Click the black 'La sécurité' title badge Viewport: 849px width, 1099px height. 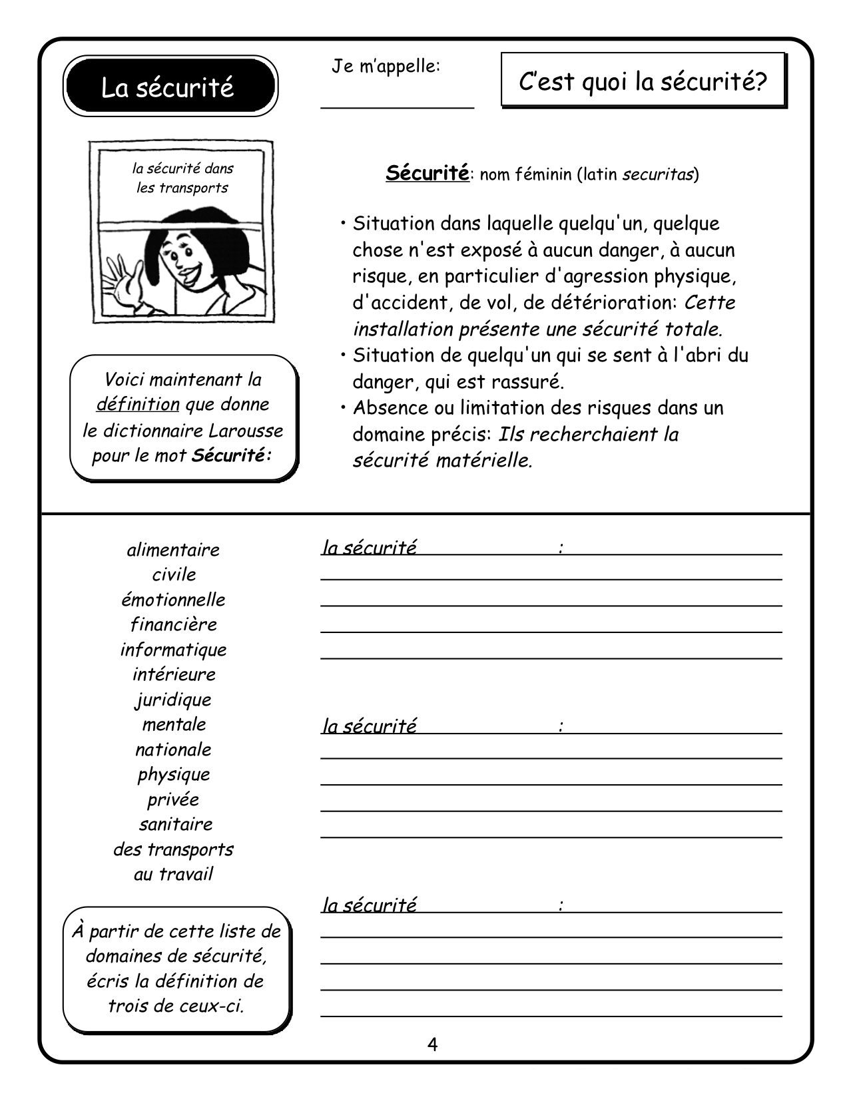tap(170, 87)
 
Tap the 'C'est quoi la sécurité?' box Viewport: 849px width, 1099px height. tap(643, 81)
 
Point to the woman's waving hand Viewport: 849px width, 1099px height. tap(123, 279)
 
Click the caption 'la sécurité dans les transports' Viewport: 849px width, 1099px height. tap(182, 178)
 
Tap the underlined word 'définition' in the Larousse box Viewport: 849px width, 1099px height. tap(138, 405)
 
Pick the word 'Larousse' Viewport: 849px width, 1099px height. tap(246, 431)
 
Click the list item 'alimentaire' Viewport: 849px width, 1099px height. tap(173, 550)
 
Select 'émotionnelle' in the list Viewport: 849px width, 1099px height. tap(173, 600)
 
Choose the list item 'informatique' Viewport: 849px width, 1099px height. tap(173, 650)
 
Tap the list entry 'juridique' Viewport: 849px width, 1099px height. tap(173, 700)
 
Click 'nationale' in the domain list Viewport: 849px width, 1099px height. tap(173, 750)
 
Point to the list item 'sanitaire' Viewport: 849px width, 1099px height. tap(176, 825)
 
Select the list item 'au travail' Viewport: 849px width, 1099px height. tap(173, 874)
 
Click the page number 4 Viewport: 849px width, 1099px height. tap(432, 1044)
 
